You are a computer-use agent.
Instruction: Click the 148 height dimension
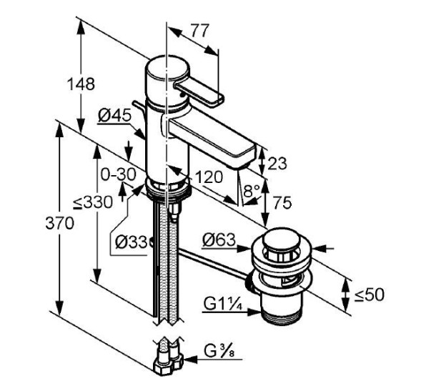pos(81,84)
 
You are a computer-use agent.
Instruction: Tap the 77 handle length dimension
pos(199,31)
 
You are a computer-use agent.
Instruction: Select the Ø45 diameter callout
pos(114,116)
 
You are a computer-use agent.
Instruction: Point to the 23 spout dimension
pos(277,163)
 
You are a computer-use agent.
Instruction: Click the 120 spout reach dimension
pos(209,177)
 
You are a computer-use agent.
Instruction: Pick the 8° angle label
pos(252,191)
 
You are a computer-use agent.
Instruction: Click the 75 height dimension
pos(282,202)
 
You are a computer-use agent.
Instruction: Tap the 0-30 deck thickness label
pos(119,175)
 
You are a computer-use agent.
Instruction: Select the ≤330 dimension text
pos(93,202)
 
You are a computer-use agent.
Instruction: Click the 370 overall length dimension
pos(59,223)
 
